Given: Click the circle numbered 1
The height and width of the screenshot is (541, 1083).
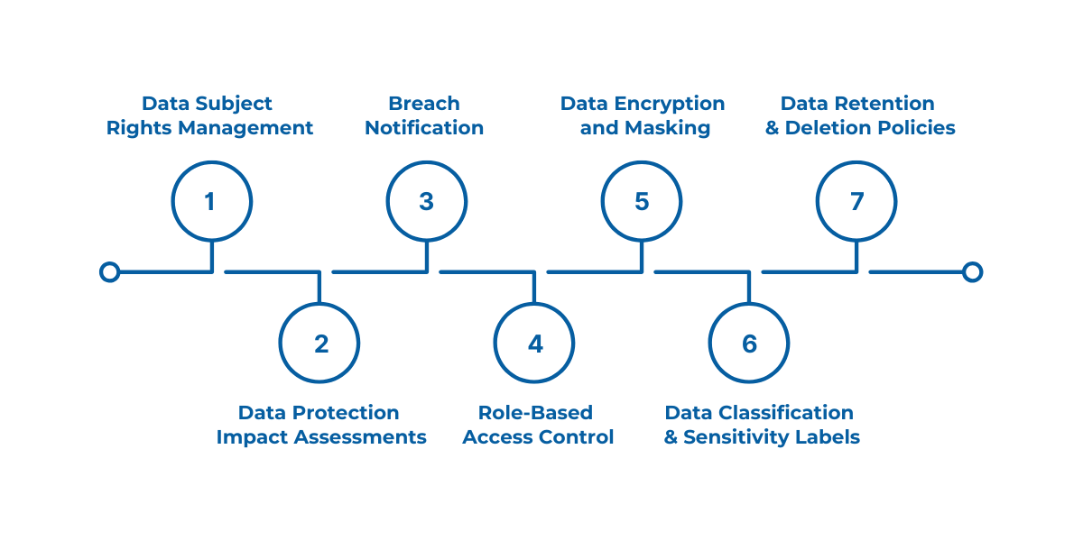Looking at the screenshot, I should pos(211,201).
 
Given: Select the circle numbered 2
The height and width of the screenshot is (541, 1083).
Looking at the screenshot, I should pos(319,344).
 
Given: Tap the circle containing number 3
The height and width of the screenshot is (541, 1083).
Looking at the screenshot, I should pos(426,201).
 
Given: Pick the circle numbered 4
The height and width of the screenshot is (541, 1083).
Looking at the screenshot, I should pos(534,344).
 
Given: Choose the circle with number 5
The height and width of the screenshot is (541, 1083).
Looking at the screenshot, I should pos(642,201).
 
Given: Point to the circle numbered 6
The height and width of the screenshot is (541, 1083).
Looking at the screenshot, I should pos(749,344).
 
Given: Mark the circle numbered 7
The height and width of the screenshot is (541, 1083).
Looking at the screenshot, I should pos(856,201).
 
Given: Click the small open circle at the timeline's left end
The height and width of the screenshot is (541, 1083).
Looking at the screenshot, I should pos(109,271).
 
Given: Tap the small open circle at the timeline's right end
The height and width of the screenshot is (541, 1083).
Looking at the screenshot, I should pos(972,271).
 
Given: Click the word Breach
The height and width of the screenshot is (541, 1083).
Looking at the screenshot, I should pos(424,104).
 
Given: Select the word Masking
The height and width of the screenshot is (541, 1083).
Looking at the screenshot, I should pos(668,128).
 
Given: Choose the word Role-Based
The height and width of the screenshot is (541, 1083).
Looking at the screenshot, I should pos(535,413).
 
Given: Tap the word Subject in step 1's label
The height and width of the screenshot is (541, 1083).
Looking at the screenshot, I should pos(236,104).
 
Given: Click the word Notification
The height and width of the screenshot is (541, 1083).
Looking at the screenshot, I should pos(424,128).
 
